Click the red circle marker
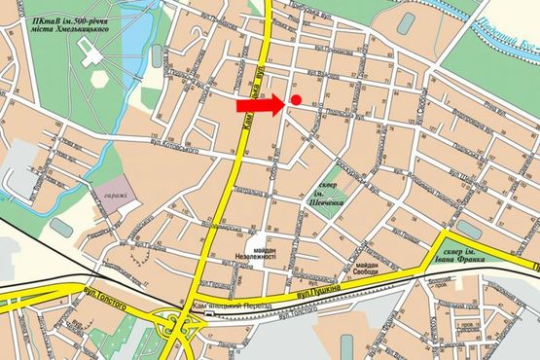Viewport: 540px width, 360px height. pyautogui.click(x=296, y=100)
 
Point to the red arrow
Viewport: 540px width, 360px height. pyautogui.click(x=261, y=104)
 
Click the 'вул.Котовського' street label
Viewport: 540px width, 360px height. pyautogui.click(x=171, y=145)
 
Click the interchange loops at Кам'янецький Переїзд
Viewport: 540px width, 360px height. pyautogui.click(x=175, y=326)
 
